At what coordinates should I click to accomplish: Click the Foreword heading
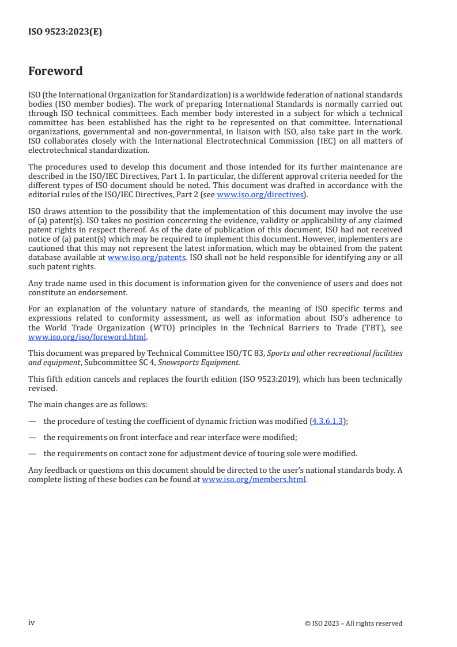click(x=55, y=72)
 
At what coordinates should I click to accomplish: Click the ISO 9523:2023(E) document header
click(x=65, y=32)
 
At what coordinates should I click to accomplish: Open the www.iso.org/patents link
click(x=146, y=258)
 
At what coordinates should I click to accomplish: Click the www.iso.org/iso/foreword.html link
click(x=88, y=337)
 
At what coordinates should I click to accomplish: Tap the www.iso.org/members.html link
click(x=254, y=479)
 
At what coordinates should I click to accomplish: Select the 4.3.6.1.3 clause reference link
click(x=328, y=421)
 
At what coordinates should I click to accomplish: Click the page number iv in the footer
click(x=32, y=623)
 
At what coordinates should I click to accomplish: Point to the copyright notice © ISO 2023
click(x=353, y=623)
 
